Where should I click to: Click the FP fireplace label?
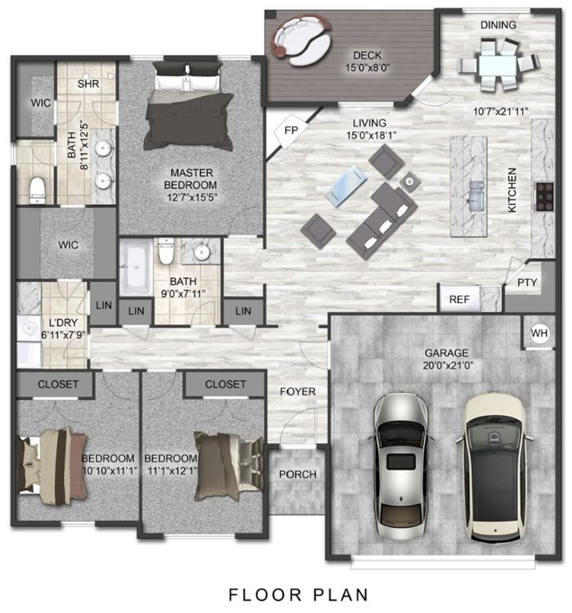pyautogui.click(x=291, y=130)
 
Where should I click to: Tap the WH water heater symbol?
pyautogui.click(x=539, y=333)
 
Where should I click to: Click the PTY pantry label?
pyautogui.click(x=526, y=282)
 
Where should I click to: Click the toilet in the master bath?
pyautogui.click(x=38, y=188)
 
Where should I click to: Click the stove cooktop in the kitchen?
pyautogui.click(x=543, y=195)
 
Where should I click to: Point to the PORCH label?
pyautogui.click(x=298, y=475)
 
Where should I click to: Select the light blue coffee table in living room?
pyautogui.click(x=346, y=186)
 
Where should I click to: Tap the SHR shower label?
pyautogui.click(x=88, y=84)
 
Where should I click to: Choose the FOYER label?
pyautogui.click(x=298, y=392)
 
